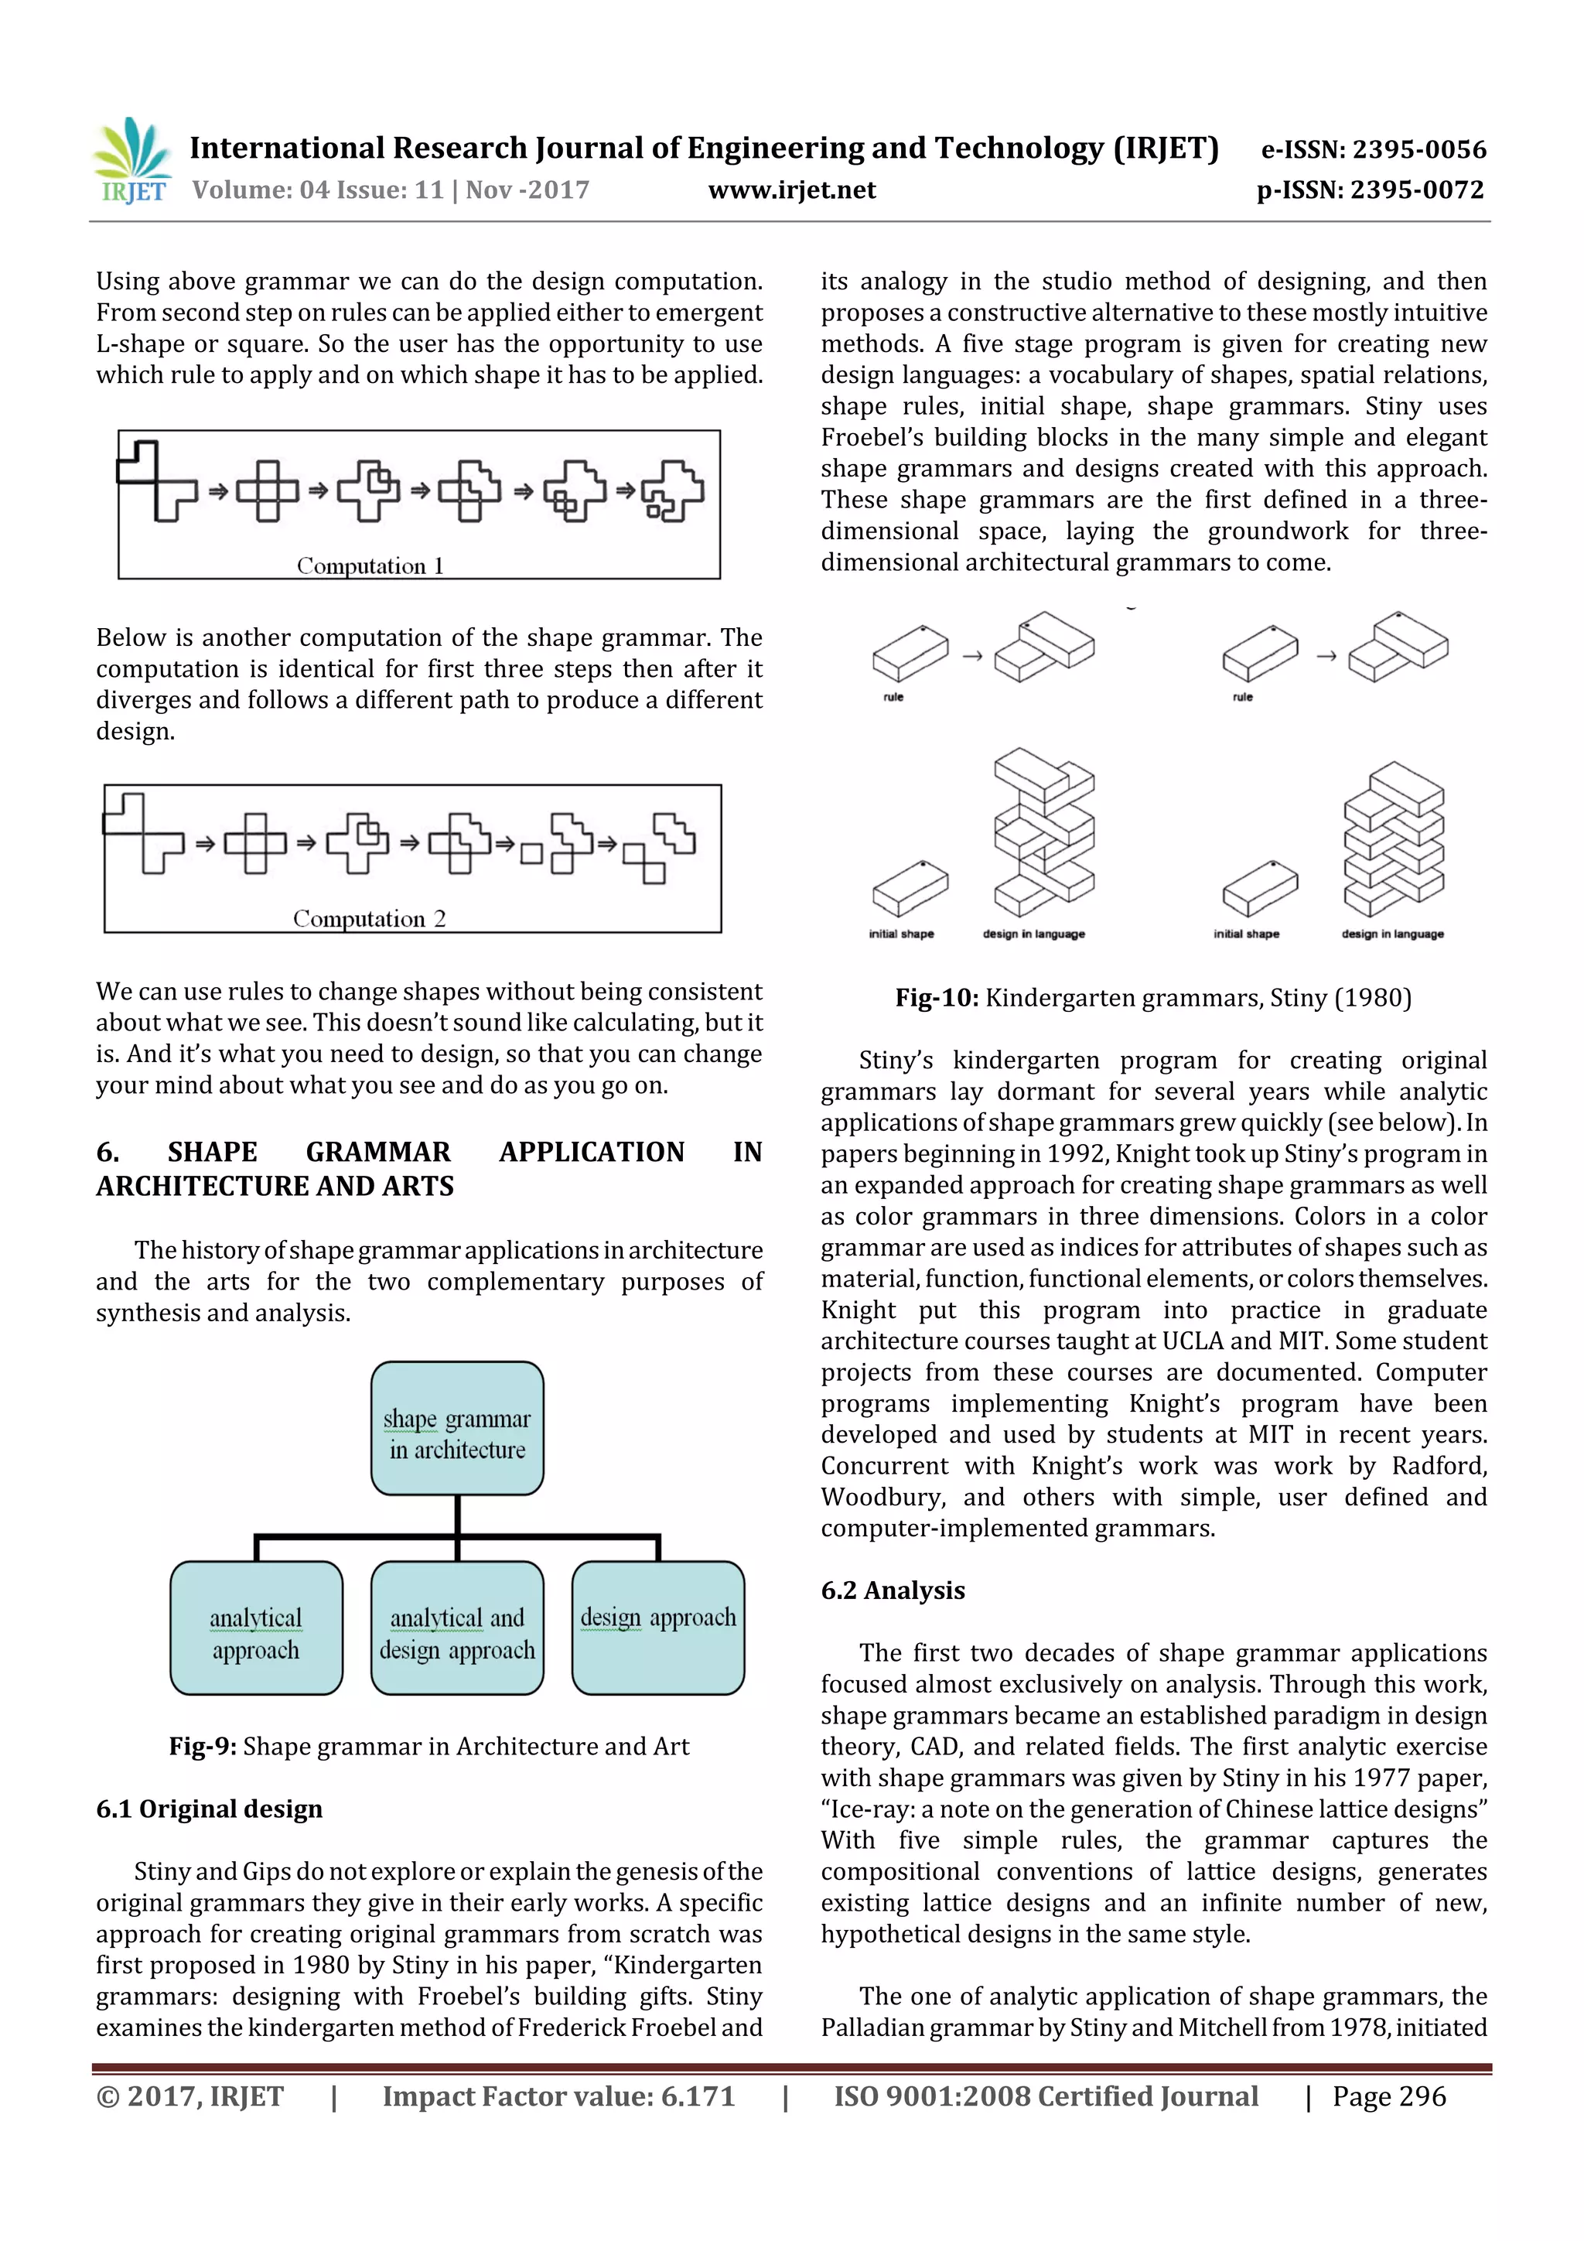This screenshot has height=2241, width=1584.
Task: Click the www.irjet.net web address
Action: pos(791,190)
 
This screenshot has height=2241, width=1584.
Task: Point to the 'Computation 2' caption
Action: pos(369,918)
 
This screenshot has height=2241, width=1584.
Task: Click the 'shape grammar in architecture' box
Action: pos(457,1428)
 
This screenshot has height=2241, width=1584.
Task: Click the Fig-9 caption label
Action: pos(202,1746)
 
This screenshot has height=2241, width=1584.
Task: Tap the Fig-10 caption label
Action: pos(937,998)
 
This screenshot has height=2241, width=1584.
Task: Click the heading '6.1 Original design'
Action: pos(209,1809)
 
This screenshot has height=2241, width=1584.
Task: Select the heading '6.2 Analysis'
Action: pos(892,1590)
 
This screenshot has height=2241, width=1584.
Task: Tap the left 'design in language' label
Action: pos(1033,934)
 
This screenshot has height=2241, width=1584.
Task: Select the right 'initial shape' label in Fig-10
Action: pos(1246,934)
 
